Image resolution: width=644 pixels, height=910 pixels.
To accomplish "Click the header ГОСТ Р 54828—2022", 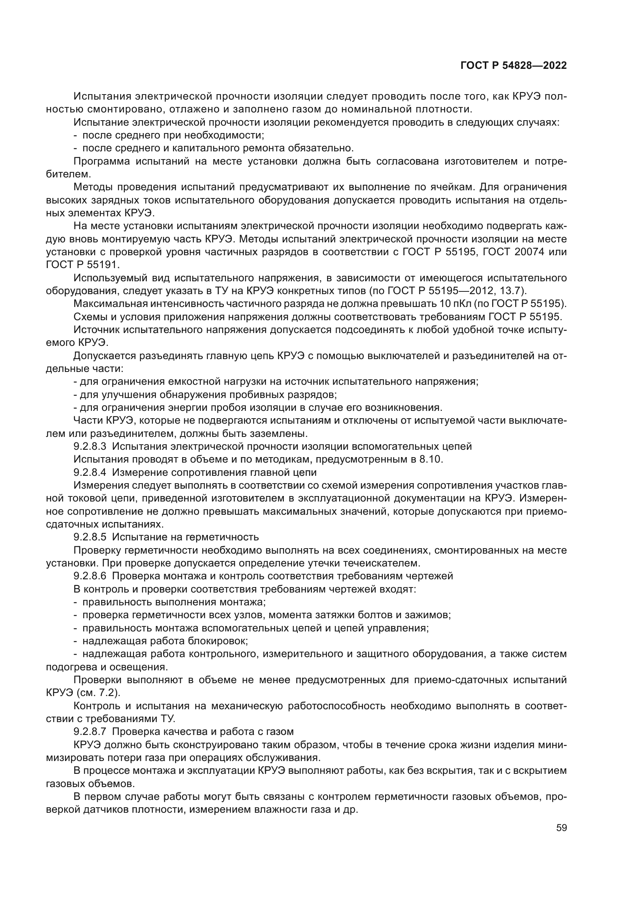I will (x=514, y=66).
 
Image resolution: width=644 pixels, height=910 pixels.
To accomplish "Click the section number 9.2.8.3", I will (x=90, y=447).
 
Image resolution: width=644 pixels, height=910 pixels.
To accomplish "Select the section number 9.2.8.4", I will (x=90, y=472).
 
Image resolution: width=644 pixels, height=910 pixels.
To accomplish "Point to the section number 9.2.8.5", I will (x=90, y=537).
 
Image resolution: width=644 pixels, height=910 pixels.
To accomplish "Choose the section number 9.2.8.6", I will (x=90, y=576).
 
